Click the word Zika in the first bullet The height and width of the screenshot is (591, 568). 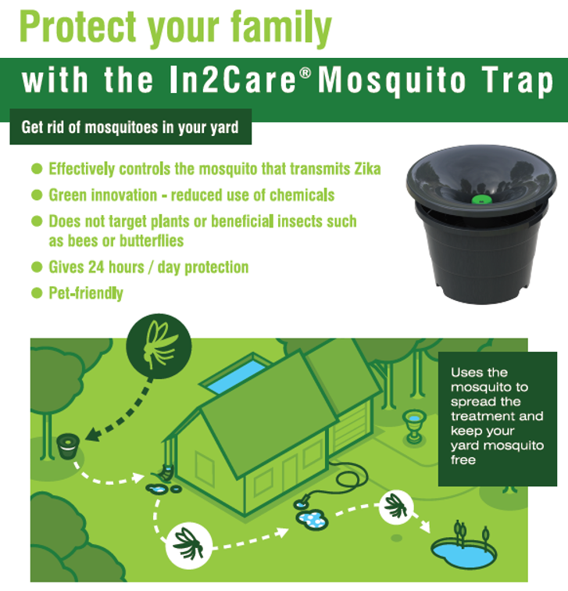[x=363, y=169]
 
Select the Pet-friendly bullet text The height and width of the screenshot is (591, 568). [x=85, y=294]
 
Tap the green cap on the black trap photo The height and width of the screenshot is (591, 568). [x=480, y=199]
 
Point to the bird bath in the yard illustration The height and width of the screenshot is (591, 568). [x=412, y=427]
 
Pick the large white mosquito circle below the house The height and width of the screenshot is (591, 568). [x=188, y=539]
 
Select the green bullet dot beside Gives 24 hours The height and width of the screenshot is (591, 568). [x=36, y=267]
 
